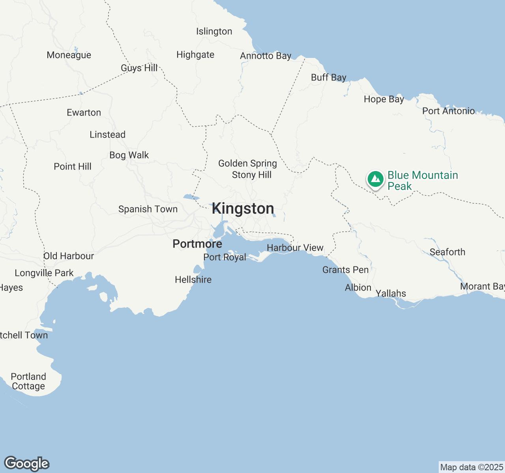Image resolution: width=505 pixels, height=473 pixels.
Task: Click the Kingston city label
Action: tap(243, 209)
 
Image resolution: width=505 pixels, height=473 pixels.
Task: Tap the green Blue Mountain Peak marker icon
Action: tap(375, 179)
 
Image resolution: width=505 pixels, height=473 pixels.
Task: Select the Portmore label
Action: tap(197, 244)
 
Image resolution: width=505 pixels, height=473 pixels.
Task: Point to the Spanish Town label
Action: tap(148, 209)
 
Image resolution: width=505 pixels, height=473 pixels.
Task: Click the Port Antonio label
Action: tap(449, 111)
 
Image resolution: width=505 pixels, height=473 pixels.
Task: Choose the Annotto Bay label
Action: tap(266, 56)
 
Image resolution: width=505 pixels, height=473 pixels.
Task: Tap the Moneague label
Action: tap(69, 55)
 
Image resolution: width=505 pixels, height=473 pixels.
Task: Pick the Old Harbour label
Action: tap(69, 256)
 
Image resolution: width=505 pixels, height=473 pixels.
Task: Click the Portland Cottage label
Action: tap(28, 381)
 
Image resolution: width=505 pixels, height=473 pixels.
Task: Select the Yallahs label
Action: tap(391, 294)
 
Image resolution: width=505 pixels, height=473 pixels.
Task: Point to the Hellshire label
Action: tap(193, 280)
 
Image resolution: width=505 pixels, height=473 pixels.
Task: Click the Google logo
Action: tap(27, 464)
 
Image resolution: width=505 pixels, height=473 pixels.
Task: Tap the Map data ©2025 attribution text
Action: tap(471, 467)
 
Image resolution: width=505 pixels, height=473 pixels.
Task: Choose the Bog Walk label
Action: tap(129, 155)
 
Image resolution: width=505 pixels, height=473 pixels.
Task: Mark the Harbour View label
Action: tap(295, 248)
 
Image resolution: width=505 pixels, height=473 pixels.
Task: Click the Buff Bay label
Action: tap(329, 78)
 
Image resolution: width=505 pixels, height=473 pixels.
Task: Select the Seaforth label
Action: tap(447, 252)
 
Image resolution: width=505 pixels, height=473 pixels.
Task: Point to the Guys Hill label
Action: tap(139, 68)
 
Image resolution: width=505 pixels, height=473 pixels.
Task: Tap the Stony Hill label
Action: tap(252, 175)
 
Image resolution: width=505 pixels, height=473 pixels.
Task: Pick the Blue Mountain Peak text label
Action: tap(423, 181)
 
